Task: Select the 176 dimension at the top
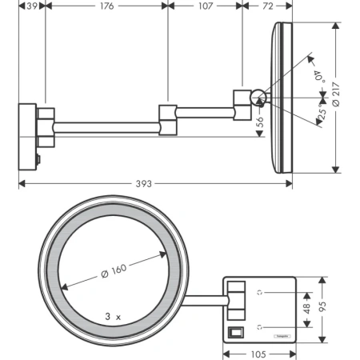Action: point(106,6)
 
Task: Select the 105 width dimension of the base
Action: point(258,354)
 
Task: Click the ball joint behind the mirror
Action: point(258,98)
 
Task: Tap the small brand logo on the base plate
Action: point(282,337)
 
